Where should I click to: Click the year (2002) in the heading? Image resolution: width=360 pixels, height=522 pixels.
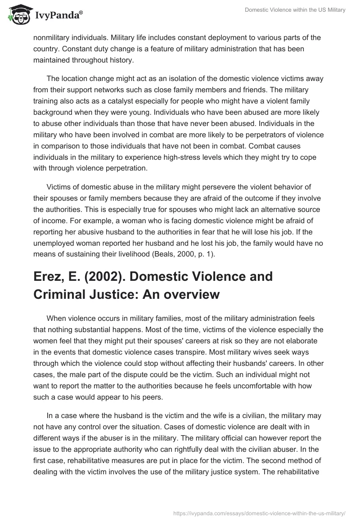click(x=92, y=276)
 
